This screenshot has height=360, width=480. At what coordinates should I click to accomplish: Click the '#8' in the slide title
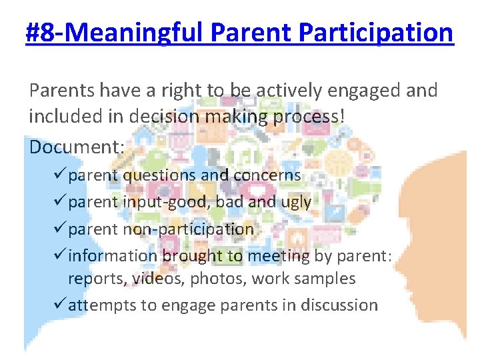point(42,31)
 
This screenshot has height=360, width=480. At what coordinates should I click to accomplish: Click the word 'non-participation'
point(187,229)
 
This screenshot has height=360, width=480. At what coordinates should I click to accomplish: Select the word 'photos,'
point(217,278)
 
